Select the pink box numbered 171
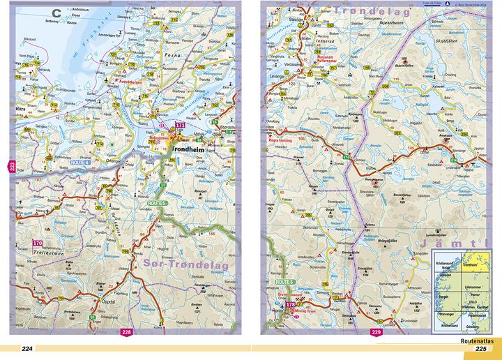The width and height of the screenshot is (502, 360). click(x=179, y=126)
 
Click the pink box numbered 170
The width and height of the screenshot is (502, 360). click(x=38, y=243)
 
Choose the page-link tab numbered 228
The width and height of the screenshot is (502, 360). click(x=126, y=332)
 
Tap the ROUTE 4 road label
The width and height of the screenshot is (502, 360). click(x=61, y=163)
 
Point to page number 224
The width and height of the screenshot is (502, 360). click(x=27, y=349)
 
